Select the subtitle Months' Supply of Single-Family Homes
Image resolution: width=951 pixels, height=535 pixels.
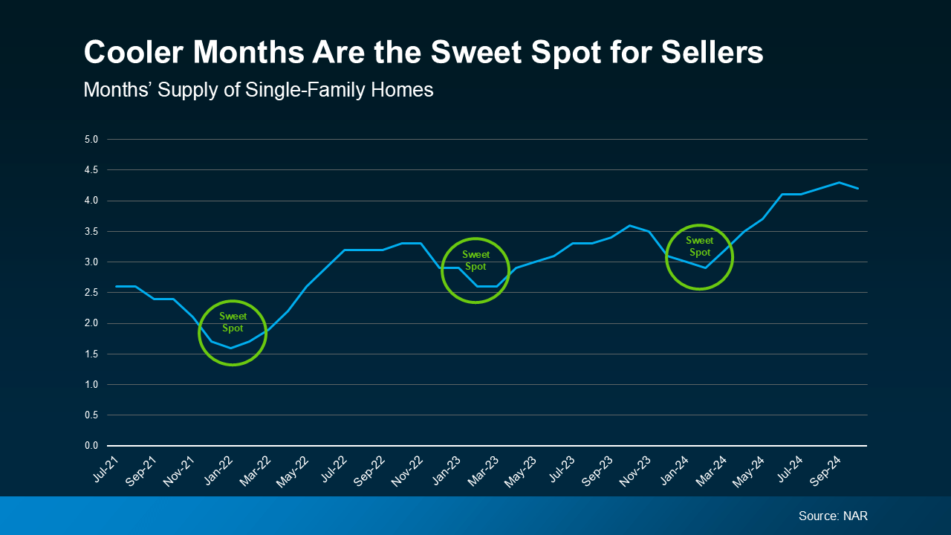[258, 90]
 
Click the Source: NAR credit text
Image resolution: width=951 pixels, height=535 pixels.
[833, 516]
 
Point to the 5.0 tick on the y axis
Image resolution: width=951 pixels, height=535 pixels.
[91, 139]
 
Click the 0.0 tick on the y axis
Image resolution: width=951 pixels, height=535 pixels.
[91, 446]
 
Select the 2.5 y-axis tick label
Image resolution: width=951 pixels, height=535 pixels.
[91, 293]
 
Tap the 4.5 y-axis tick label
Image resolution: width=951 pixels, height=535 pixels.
[91, 170]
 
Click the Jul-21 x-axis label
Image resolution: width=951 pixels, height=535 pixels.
[106, 470]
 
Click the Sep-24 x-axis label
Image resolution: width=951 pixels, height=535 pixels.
[829, 470]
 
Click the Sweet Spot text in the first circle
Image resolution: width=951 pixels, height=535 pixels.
[233, 322]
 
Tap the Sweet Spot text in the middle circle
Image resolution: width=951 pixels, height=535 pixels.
[475, 261]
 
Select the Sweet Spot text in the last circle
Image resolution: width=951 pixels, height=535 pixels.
[699, 246]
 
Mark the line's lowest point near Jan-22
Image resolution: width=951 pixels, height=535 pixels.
[231, 348]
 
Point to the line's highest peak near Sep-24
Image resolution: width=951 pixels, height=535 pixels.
[839, 182]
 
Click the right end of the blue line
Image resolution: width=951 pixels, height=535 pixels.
[858, 189]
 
